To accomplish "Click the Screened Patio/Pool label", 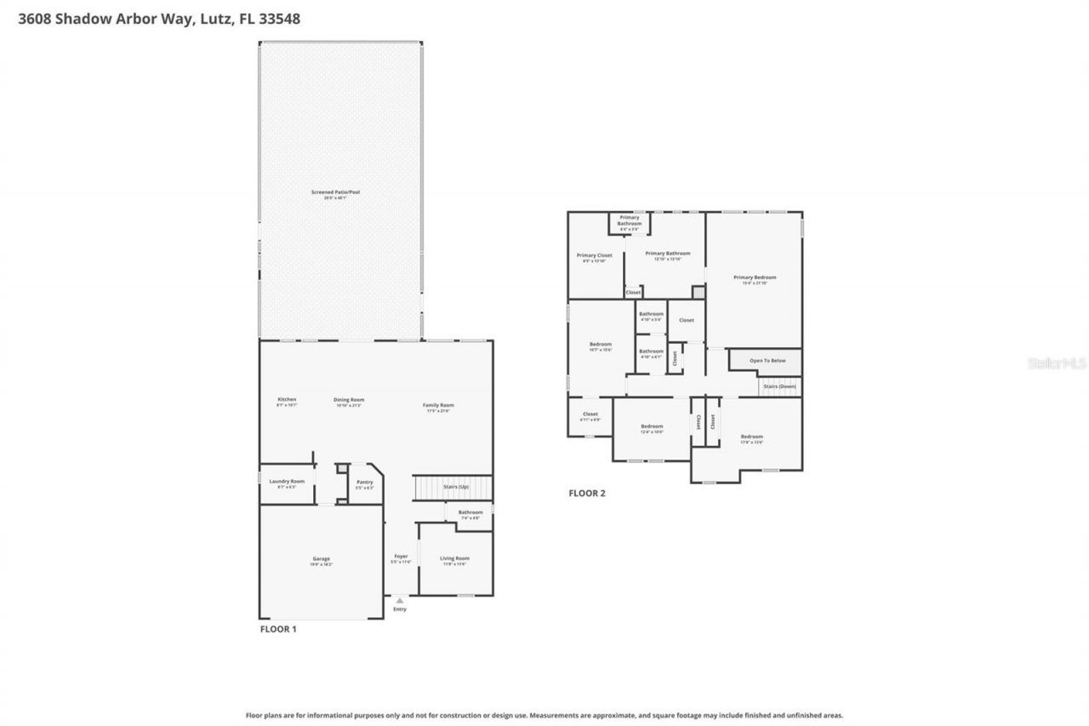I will [x=335, y=193].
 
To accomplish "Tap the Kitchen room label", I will [x=287, y=400].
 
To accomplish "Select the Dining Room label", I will [x=349, y=400].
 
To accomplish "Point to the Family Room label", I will [x=438, y=405].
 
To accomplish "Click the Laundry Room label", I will [x=286, y=482].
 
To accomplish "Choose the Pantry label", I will [x=364, y=482].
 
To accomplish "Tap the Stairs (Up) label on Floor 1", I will [x=456, y=486].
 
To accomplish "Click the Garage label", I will [x=321, y=559].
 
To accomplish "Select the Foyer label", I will [x=400, y=557].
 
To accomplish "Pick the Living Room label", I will [x=454, y=559].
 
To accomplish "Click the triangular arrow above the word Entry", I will [x=400, y=600].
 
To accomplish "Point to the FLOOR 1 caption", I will [x=278, y=629].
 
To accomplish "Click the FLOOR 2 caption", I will [x=587, y=493].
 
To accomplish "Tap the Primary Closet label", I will [x=594, y=255].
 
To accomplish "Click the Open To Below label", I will [x=767, y=361].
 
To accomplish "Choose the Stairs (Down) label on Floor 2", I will [x=779, y=386].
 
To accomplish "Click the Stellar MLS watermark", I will [x=1056, y=363].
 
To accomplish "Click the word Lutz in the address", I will [x=219, y=18].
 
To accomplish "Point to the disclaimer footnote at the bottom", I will [x=544, y=716].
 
